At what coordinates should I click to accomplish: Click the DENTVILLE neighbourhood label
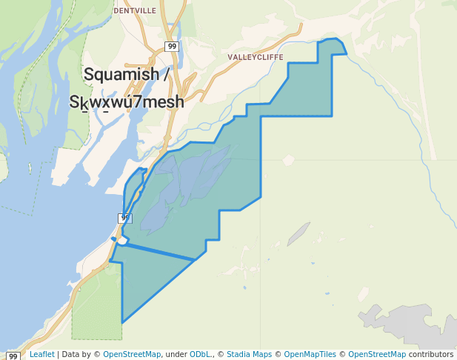point(135,11)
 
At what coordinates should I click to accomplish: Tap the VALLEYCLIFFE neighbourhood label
point(255,56)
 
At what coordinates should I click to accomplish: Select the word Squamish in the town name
point(121,75)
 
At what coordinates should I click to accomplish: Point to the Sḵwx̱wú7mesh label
point(127,102)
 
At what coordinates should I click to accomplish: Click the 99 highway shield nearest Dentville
point(172,47)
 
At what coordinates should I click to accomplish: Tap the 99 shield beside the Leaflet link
point(13,356)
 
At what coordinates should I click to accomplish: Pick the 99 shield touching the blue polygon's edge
point(125,218)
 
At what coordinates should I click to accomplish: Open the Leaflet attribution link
point(41,354)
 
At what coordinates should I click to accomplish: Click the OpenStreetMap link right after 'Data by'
point(132,354)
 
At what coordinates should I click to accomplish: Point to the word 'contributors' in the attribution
point(431,354)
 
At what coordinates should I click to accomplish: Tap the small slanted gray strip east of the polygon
point(298,233)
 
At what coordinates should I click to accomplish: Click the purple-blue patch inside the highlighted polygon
point(185,185)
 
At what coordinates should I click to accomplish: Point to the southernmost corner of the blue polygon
point(122,322)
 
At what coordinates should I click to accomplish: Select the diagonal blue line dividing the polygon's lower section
point(156,251)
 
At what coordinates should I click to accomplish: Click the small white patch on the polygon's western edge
point(122,240)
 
